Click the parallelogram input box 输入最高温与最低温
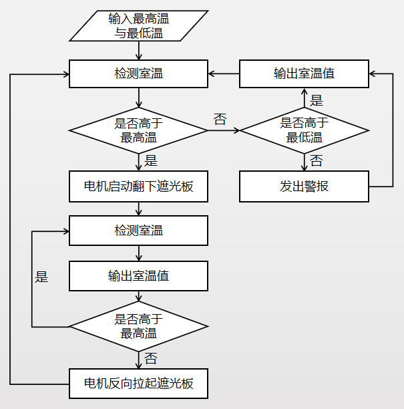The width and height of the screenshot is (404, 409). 138,26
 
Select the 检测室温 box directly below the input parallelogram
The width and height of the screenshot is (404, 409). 138,74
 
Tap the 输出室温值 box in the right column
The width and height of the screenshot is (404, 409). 304,74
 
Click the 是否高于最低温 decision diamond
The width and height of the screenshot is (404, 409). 304,130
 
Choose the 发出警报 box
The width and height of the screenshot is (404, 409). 304,186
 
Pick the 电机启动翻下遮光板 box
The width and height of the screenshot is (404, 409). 138,186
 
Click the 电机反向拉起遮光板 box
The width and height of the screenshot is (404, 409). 138,384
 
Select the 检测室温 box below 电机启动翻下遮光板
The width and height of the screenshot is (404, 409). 138,231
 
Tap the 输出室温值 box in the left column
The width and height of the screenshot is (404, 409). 138,275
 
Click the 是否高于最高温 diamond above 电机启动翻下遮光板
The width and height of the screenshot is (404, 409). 138,130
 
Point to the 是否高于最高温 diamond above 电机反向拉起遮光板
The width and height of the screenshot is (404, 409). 138,327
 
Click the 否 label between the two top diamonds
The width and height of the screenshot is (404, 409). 220,120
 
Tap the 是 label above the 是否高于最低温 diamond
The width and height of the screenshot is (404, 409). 317,100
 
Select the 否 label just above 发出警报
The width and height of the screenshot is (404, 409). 317,161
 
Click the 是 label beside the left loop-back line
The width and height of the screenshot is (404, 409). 41,277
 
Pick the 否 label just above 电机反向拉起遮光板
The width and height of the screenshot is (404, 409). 151,358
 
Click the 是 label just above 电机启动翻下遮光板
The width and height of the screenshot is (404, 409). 151,161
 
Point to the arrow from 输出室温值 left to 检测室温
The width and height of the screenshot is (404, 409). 223,74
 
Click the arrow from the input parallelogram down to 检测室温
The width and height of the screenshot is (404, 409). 138,51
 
